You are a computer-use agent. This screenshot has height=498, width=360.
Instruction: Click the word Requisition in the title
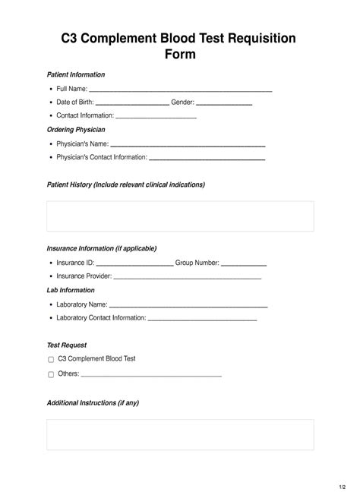(257, 39)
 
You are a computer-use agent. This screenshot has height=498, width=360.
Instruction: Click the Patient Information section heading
(76, 74)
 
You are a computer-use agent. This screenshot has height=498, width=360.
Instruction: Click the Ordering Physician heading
(76, 130)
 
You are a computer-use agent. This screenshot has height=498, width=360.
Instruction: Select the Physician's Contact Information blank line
(207, 159)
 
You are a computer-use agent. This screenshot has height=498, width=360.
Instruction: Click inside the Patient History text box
(180, 216)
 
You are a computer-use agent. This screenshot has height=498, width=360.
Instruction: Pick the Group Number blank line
(244, 264)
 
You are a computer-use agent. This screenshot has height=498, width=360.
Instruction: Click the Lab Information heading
(71, 290)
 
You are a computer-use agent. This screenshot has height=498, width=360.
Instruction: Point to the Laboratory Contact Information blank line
(202, 320)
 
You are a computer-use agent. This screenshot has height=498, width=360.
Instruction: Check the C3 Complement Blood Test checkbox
(51, 360)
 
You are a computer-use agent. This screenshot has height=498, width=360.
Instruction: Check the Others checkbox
(51, 375)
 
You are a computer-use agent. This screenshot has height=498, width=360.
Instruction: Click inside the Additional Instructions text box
(180, 435)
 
